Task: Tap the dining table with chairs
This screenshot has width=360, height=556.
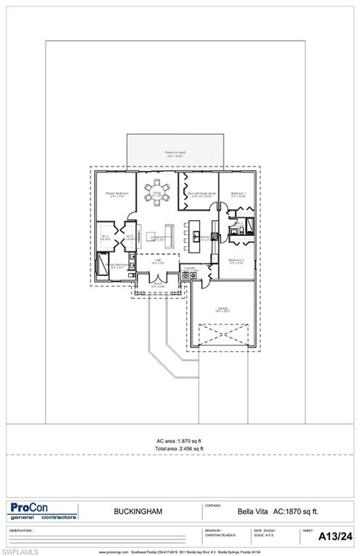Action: tap(154, 194)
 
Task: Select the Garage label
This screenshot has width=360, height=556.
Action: tap(222, 309)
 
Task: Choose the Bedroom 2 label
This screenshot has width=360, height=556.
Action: tap(236, 261)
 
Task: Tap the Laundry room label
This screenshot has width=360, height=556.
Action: tap(190, 268)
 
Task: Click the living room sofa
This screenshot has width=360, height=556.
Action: tap(170, 235)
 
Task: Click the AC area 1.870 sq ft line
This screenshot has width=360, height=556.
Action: tap(180, 441)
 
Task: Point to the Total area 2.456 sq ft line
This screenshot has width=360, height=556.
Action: tap(180, 449)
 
